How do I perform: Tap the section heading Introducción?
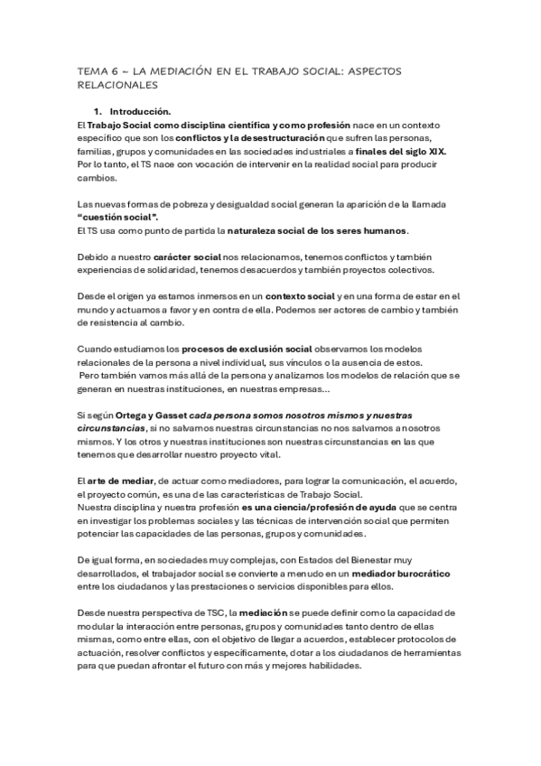tap(138, 110)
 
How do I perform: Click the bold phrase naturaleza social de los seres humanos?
tap(318, 231)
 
